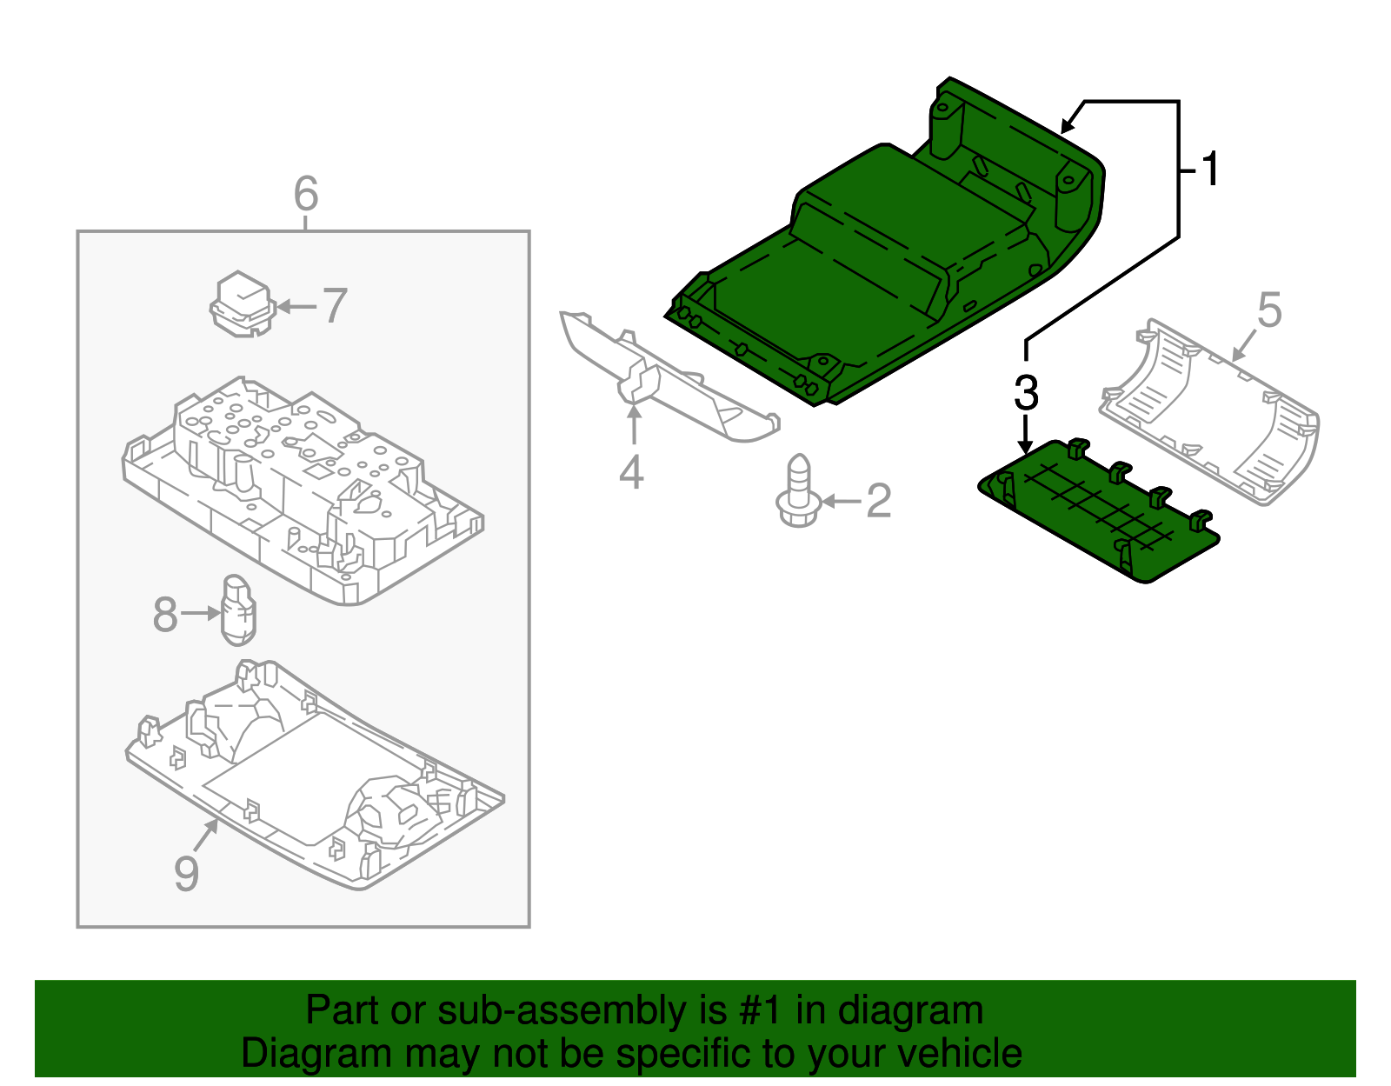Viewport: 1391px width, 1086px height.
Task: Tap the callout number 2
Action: point(879,502)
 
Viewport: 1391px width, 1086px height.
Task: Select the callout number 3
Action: point(1026,393)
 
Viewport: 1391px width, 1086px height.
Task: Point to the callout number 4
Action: point(631,472)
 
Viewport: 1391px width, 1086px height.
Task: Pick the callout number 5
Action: point(1269,310)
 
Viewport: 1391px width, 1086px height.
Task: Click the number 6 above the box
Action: point(305,194)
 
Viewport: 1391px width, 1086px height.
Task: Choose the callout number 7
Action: point(335,306)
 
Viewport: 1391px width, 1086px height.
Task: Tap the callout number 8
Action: point(164,615)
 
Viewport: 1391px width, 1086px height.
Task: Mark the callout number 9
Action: point(186,873)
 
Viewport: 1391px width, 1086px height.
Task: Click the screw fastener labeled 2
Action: point(798,493)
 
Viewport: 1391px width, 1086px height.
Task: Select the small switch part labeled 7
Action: point(243,304)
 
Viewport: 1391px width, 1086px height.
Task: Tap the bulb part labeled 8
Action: point(239,610)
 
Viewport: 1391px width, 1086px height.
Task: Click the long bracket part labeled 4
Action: point(669,383)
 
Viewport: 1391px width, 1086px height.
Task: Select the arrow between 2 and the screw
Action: point(841,502)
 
